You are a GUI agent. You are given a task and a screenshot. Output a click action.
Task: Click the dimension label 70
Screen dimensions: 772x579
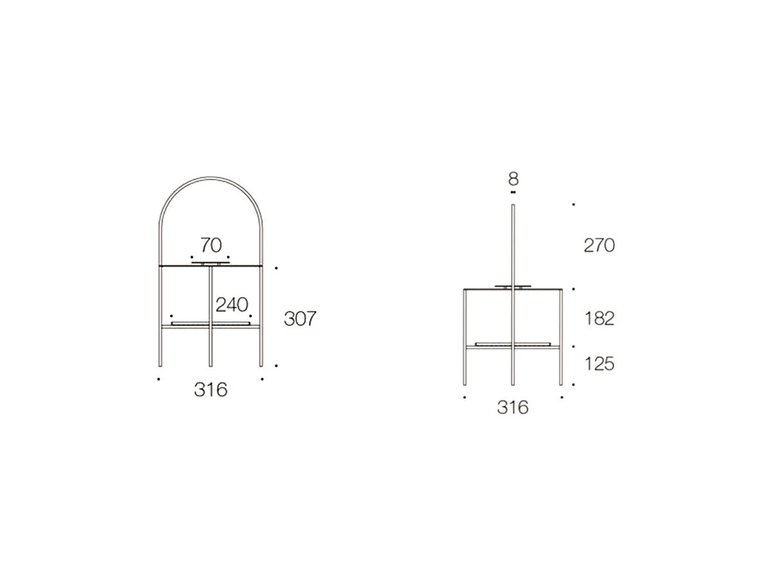tap(211, 245)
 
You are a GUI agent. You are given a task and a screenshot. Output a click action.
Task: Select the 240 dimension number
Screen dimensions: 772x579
tap(232, 305)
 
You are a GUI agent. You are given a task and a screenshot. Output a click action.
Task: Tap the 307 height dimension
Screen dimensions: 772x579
tap(300, 318)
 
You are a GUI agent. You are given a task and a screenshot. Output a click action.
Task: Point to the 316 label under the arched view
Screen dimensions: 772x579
tap(211, 389)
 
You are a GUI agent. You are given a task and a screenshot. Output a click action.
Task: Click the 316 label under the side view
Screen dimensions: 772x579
tap(513, 407)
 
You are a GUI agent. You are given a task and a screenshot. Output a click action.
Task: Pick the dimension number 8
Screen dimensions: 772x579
tap(513, 179)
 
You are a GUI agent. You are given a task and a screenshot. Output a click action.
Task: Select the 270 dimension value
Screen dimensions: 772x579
tap(600, 245)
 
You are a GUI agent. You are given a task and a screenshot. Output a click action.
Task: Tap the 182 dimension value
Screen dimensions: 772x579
tap(600, 318)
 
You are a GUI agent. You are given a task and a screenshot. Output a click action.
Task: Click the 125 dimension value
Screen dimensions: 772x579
tap(600, 364)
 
